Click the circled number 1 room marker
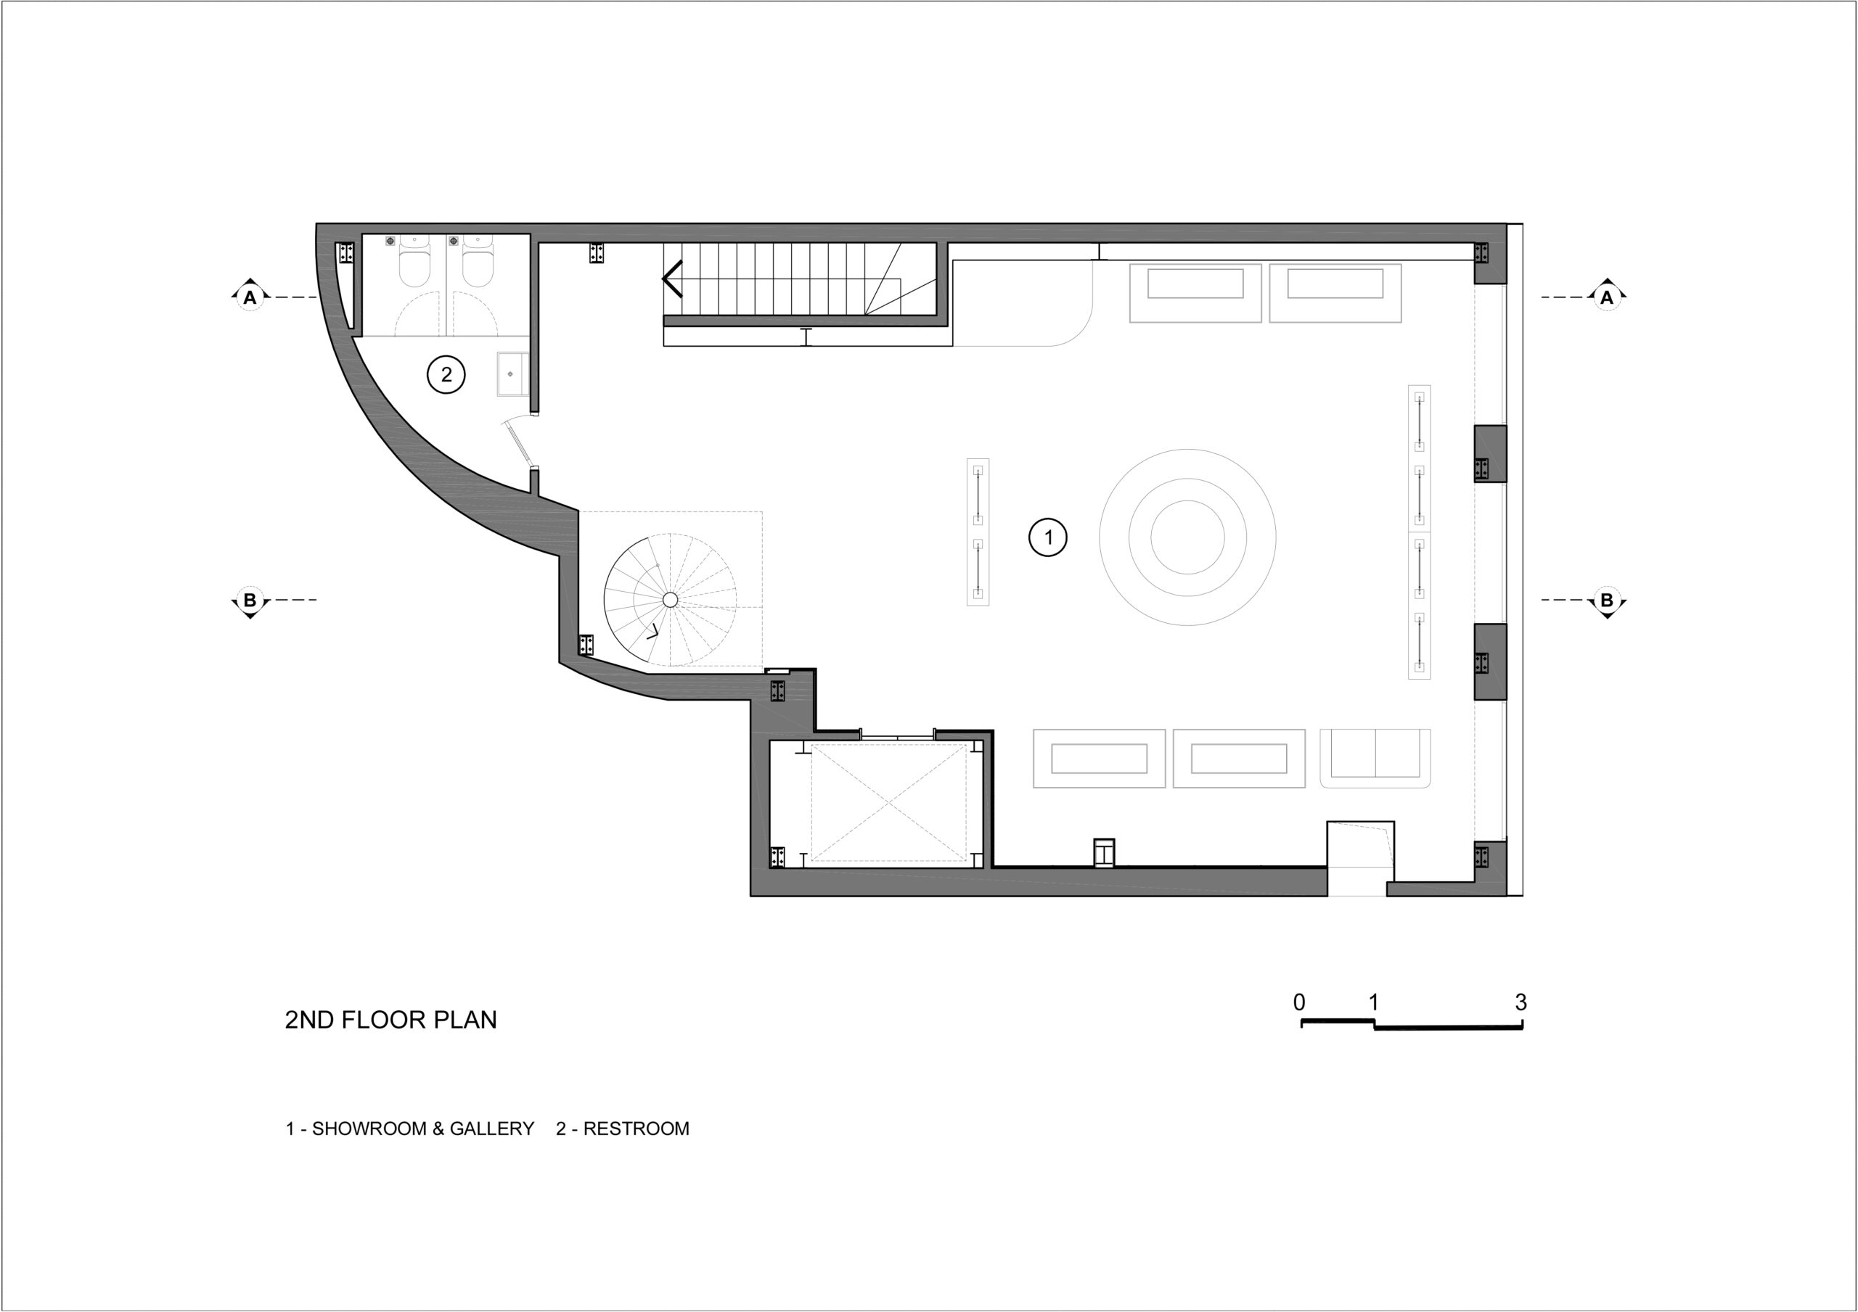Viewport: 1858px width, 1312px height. point(1048,537)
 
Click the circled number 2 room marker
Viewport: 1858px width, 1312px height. point(446,374)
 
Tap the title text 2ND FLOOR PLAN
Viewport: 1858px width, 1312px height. point(391,1020)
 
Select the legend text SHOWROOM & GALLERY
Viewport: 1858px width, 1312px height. point(423,1129)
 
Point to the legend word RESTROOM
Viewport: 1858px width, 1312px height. point(636,1129)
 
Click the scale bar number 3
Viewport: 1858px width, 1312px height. point(1521,1002)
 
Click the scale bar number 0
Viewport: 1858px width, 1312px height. point(1299,1002)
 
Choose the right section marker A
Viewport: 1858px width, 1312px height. point(1606,297)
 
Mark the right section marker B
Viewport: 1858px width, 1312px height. point(1606,601)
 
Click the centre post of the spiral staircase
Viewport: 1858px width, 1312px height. point(670,599)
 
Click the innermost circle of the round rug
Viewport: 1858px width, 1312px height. point(1187,537)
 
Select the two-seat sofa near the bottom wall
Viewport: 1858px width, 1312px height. point(1375,758)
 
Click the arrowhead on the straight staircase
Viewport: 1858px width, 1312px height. point(671,279)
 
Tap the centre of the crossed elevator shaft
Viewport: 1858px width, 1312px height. point(888,802)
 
